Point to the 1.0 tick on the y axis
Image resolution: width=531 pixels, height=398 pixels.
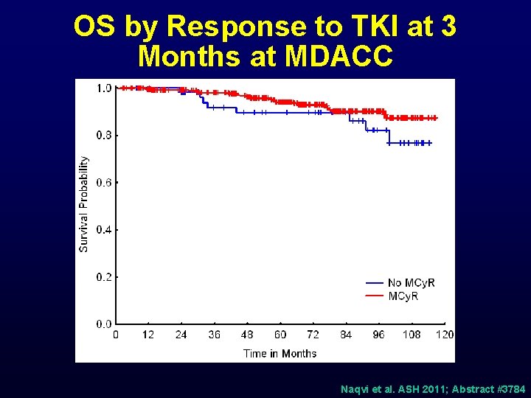tap(104, 88)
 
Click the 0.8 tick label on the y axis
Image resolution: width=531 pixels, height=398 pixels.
tap(104, 136)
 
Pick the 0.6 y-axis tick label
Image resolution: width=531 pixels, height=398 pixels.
tap(104, 183)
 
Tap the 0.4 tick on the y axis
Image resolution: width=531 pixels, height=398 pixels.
tap(104, 230)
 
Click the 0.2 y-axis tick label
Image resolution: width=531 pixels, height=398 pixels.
tap(104, 277)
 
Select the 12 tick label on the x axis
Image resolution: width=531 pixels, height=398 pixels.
tap(148, 335)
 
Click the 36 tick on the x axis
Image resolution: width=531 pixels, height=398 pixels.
tap(214, 335)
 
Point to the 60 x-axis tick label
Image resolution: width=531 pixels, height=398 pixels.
tap(280, 335)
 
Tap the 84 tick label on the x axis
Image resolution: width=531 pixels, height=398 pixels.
tap(346, 335)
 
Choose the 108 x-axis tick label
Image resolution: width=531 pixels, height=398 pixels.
tap(411, 335)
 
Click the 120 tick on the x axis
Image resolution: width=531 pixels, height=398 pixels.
tap(444, 335)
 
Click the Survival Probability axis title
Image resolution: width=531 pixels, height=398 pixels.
tap(84, 203)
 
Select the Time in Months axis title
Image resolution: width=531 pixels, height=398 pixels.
tap(280, 353)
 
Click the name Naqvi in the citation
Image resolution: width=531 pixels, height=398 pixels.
tap(355, 388)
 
